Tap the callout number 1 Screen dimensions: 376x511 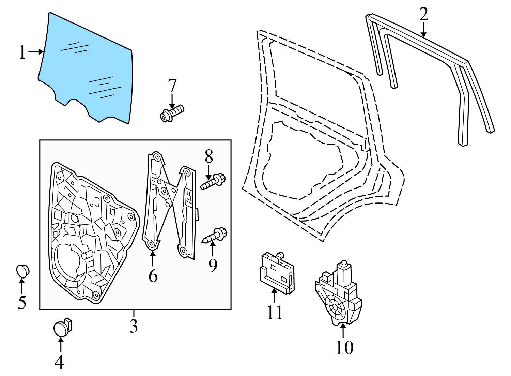coord(22,53)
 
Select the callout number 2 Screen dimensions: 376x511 coord(423,14)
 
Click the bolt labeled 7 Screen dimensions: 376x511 coord(172,113)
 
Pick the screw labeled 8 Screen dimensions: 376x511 coord(214,181)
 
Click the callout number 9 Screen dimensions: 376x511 coord(213,266)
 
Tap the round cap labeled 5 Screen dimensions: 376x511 coord(23,271)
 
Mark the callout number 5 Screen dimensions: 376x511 coord(22,302)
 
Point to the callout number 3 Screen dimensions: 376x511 coord(134,326)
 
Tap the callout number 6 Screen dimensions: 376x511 coord(153,275)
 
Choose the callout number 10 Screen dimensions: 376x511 coord(344,347)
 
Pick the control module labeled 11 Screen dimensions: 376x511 coord(276,271)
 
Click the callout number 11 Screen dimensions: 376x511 coord(275,312)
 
